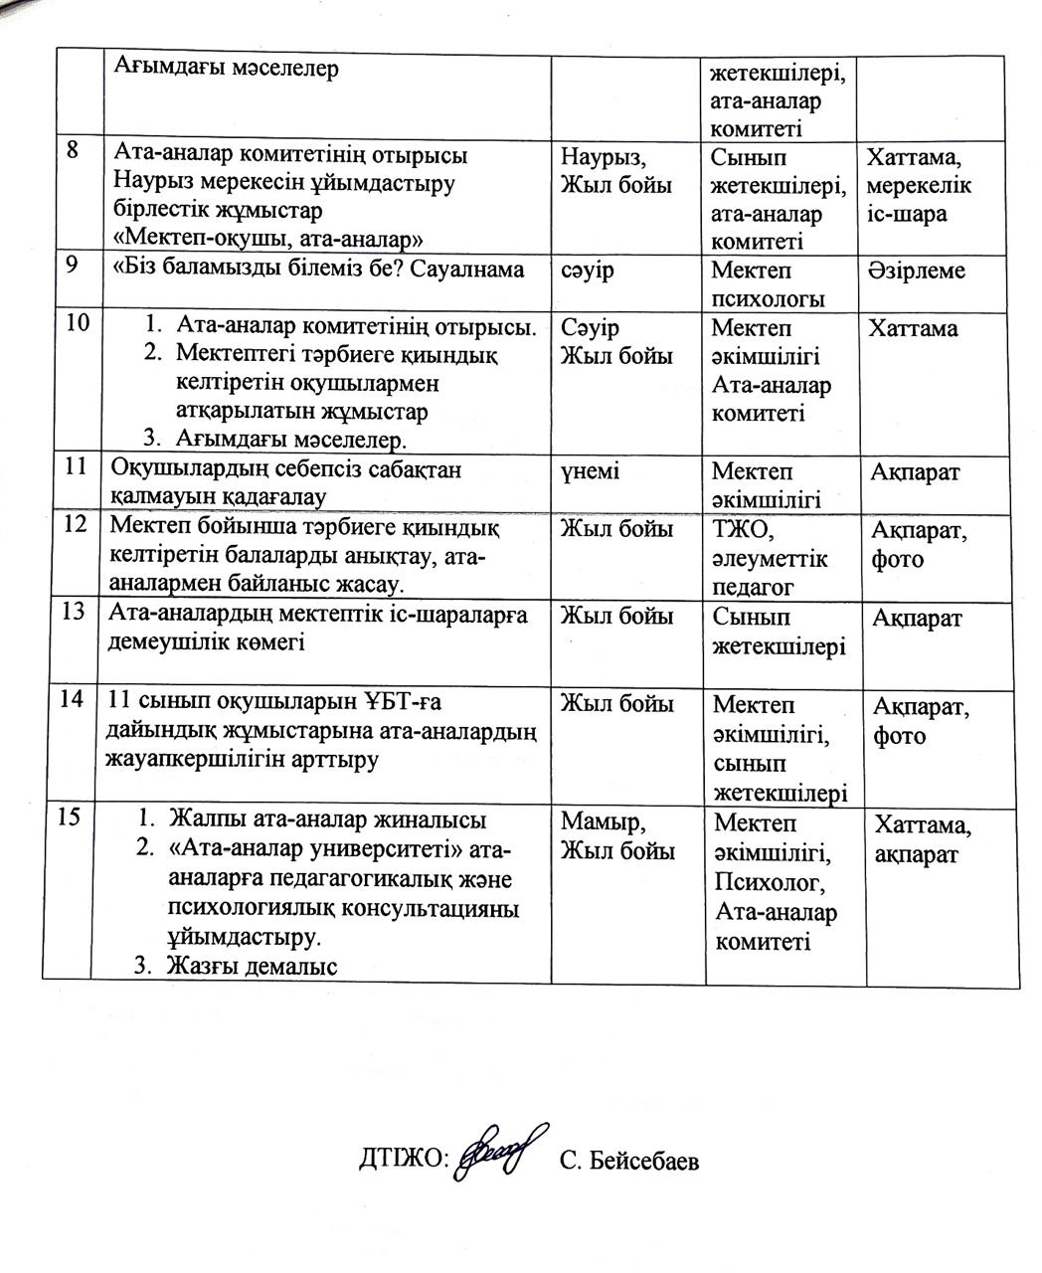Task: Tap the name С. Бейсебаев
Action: tap(628, 1161)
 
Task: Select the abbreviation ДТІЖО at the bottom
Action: tap(404, 1160)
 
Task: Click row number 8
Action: tap(73, 153)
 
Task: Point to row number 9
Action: tap(73, 268)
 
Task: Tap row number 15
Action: tap(71, 818)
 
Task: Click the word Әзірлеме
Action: tap(916, 271)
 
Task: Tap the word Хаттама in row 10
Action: tap(913, 328)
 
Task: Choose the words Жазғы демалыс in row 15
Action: tap(253, 966)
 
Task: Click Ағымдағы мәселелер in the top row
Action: tap(227, 69)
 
